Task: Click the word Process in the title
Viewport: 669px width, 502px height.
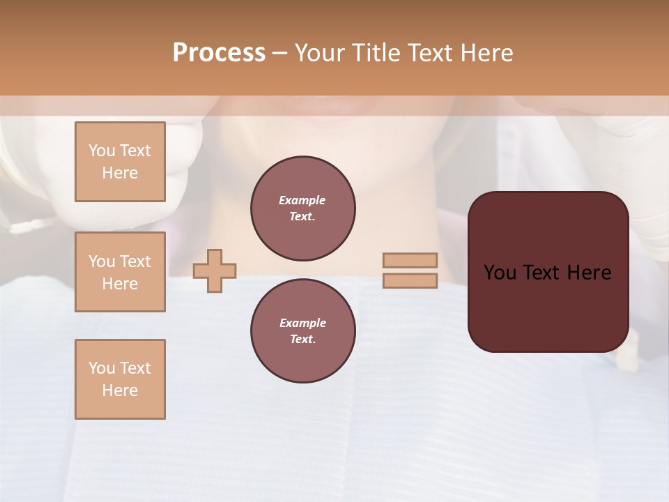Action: (x=219, y=53)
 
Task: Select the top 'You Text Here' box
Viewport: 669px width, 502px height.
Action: (x=120, y=162)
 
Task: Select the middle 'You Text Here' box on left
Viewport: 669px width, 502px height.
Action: (x=120, y=272)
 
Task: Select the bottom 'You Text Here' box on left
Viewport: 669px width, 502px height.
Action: (x=120, y=379)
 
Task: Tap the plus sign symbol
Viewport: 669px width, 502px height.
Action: (x=215, y=271)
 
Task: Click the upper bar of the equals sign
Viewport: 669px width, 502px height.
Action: (x=410, y=260)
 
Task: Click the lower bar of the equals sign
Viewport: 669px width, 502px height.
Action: (x=410, y=280)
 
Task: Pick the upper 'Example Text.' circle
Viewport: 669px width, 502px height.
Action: (x=303, y=208)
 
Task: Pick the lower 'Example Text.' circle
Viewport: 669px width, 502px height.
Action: (x=303, y=331)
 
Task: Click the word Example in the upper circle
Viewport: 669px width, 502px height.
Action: (x=302, y=200)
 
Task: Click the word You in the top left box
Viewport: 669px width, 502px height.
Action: (x=102, y=151)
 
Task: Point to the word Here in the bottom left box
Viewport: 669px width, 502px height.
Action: (x=120, y=390)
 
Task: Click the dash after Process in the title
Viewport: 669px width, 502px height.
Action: (x=279, y=54)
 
